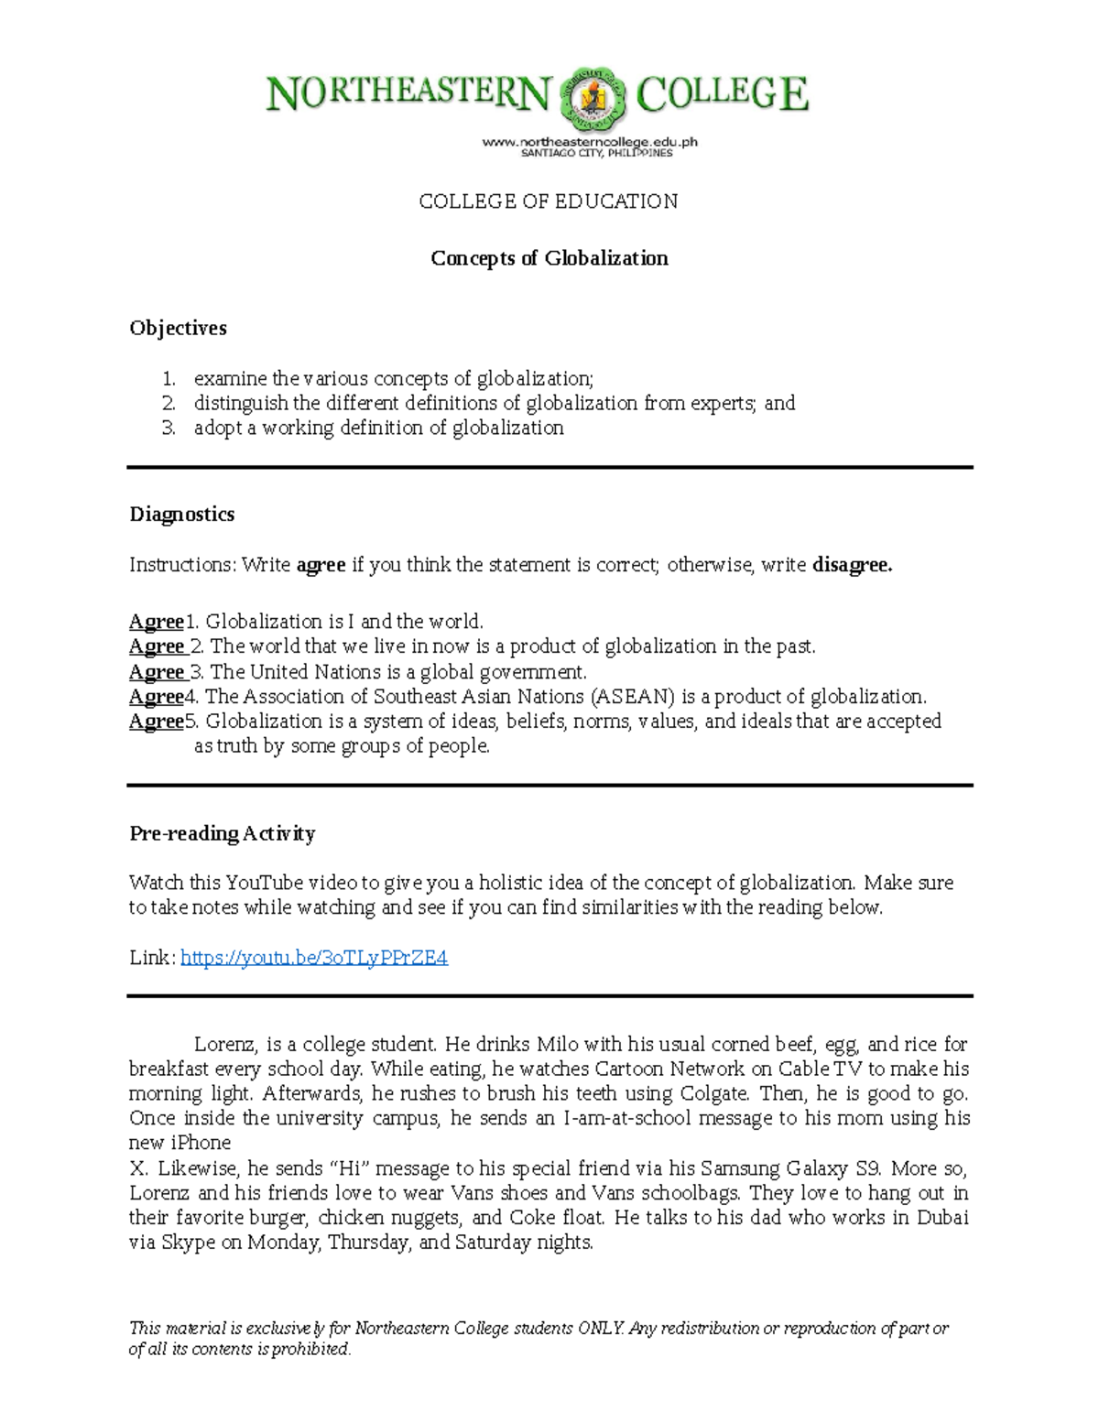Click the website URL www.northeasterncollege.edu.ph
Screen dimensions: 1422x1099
pos(590,142)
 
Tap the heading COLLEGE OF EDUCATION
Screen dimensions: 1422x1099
pos(548,201)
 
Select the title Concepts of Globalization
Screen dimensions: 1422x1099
pos(549,258)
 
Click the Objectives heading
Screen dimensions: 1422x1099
pos(178,328)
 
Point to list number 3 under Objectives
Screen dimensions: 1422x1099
pos(169,428)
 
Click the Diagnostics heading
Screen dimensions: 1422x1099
pos(181,514)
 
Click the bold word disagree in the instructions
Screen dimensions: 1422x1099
pos(852,565)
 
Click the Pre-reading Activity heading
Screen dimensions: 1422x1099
pos(222,833)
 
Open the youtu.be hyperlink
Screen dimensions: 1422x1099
pos(313,958)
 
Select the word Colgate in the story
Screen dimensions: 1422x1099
pos(714,1093)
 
